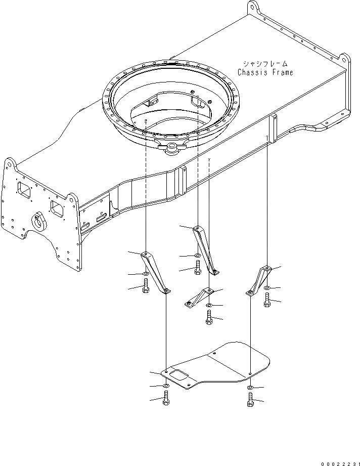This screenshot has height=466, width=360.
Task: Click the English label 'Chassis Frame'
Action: [x=265, y=72]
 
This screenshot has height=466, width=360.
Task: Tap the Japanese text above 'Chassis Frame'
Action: [x=265, y=64]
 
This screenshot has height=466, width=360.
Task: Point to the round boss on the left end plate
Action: [x=39, y=221]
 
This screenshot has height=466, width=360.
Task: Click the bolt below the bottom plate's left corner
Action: [x=165, y=399]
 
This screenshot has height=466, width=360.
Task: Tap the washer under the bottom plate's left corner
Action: [x=165, y=386]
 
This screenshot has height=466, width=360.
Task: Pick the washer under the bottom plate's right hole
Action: [x=250, y=387]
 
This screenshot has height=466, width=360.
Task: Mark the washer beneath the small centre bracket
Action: [x=209, y=306]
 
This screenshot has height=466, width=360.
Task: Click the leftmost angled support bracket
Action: [x=155, y=271]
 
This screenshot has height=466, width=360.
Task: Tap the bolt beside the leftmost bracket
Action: [x=146, y=287]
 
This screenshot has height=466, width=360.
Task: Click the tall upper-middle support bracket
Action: [x=206, y=247]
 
